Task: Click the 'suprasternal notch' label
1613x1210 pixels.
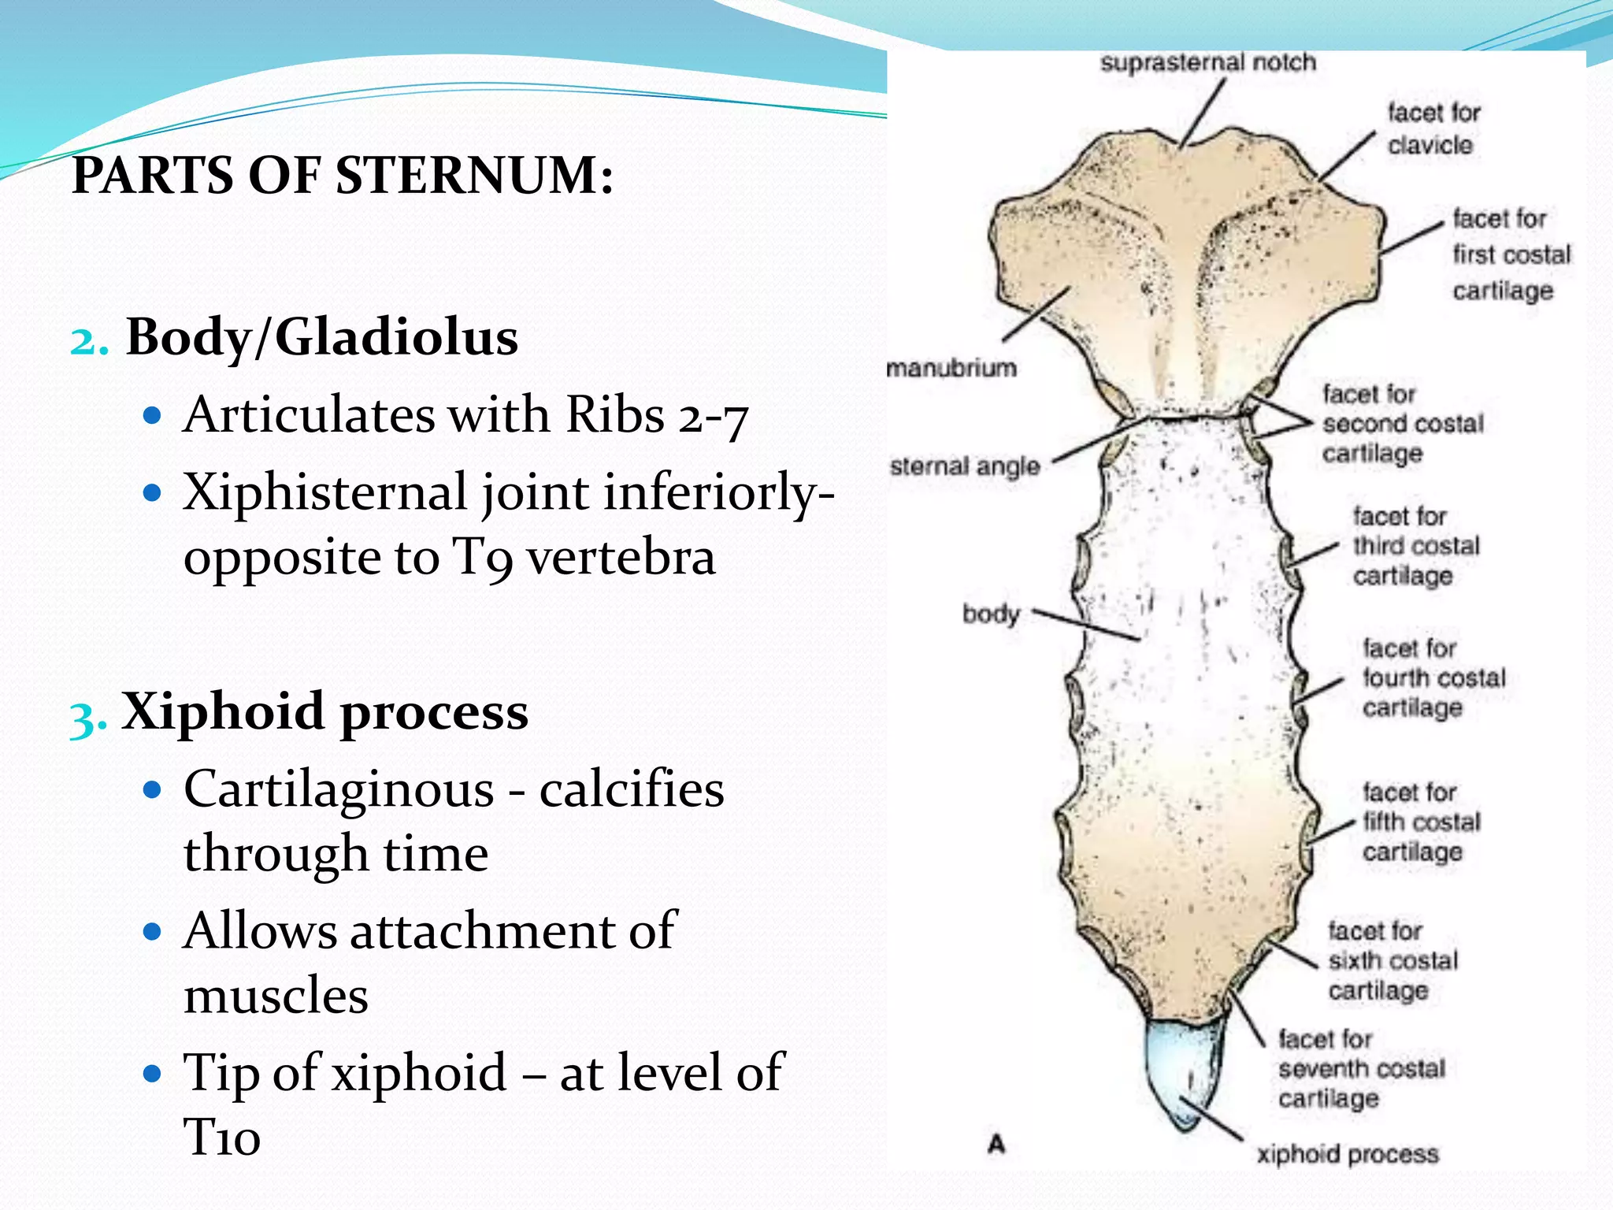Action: click(x=1207, y=62)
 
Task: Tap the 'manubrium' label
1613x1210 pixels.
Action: click(x=951, y=368)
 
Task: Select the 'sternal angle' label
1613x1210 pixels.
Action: click(x=965, y=466)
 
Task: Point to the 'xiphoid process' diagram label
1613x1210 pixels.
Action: click(x=1348, y=1154)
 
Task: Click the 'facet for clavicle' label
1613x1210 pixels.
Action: click(x=1433, y=129)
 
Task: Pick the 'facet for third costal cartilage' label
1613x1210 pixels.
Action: click(x=1415, y=546)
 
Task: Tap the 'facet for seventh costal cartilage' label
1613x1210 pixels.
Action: click(x=1361, y=1069)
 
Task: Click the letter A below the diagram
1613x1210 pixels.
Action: click(x=997, y=1143)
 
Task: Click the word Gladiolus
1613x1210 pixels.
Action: click(x=396, y=337)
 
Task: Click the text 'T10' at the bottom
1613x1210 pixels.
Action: click(x=222, y=1138)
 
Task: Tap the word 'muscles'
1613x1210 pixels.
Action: click(x=276, y=996)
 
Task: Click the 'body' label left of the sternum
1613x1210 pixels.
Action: click(x=991, y=614)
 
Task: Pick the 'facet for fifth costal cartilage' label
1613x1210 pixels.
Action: click(x=1421, y=822)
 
